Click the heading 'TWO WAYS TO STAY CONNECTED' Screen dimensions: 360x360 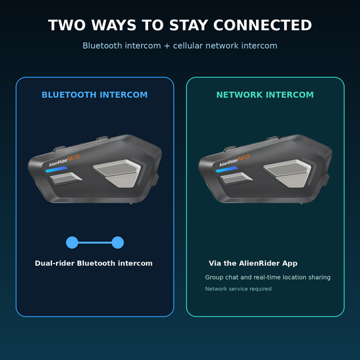pyautogui.click(x=180, y=25)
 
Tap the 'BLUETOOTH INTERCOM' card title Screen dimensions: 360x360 pyautogui.click(x=95, y=95)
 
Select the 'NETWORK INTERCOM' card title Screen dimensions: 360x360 pyautogui.click(x=265, y=95)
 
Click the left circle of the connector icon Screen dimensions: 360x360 pyautogui.click(x=72, y=243)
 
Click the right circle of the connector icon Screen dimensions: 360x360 pyautogui.click(x=117, y=243)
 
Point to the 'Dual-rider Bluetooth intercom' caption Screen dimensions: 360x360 pyautogui.click(x=94, y=263)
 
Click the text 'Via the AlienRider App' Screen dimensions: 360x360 pyautogui.click(x=253, y=263)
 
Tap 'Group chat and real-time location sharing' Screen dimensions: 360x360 pyautogui.click(x=268, y=277)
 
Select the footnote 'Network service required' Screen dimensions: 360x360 pyautogui.click(x=238, y=289)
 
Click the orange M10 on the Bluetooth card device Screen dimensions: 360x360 pyautogui.click(x=74, y=157)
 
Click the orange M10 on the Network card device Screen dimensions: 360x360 pyautogui.click(x=244, y=157)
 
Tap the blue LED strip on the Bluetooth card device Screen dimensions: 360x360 pyautogui.click(x=57, y=169)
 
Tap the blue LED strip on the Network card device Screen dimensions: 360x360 pyautogui.click(x=227, y=169)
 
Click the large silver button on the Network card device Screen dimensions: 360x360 pyautogui.click(x=287, y=173)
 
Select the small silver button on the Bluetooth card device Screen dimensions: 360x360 pyautogui.click(x=65, y=178)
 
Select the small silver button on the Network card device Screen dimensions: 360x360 pyautogui.click(x=236, y=178)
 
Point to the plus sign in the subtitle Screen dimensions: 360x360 pyautogui.click(x=167, y=46)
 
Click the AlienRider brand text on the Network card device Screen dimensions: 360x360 pyautogui.click(x=229, y=162)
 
